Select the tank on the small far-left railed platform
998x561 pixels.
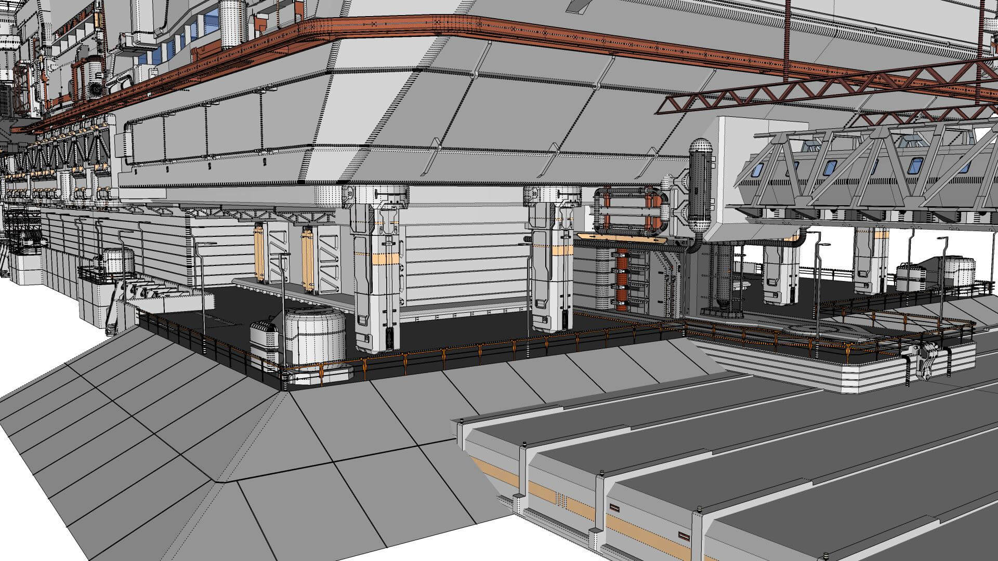click(x=116, y=264)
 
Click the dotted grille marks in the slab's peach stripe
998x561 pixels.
click(x=561, y=500)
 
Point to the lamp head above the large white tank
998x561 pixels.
click(x=285, y=255)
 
